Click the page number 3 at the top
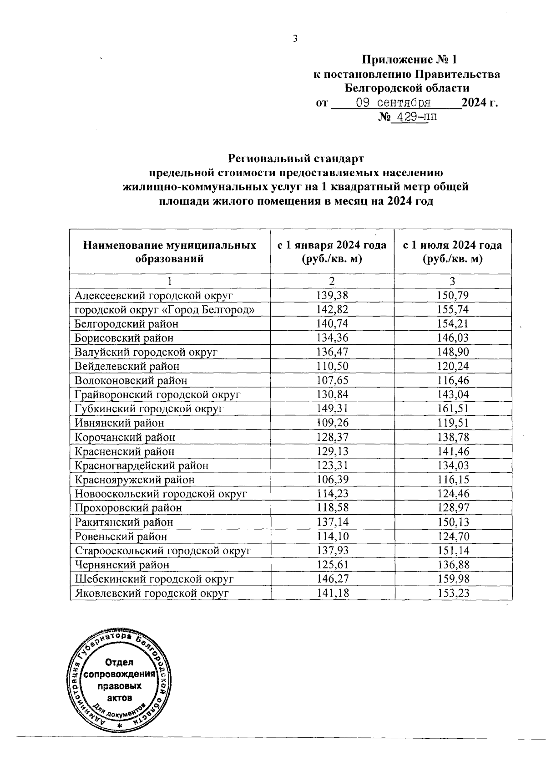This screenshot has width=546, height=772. click(x=295, y=39)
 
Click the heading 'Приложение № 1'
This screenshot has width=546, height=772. click(x=408, y=60)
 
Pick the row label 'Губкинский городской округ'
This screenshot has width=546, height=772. click(x=149, y=409)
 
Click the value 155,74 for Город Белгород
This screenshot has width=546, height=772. click(x=453, y=310)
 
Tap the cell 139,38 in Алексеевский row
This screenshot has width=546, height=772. click(x=332, y=296)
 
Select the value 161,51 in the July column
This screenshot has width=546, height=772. click(x=453, y=409)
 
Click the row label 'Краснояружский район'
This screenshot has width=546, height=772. click(x=135, y=480)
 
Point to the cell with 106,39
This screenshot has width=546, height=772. click(x=332, y=480)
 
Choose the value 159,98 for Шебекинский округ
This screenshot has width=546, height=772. click(x=453, y=579)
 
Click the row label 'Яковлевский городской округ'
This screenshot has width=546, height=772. click(x=152, y=593)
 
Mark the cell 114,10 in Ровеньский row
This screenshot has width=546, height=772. click(x=332, y=537)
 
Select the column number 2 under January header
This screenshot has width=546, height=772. click(x=332, y=281)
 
